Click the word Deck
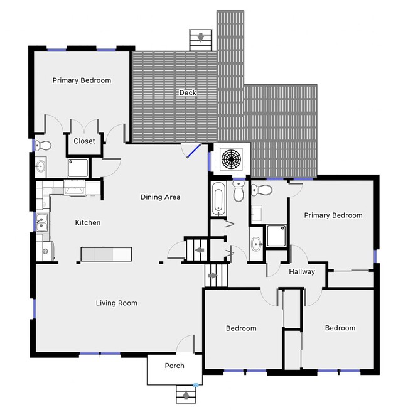pos(188,93)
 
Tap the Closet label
pos(84,141)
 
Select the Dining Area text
pos(160,197)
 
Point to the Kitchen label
pos(88,222)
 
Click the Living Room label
pos(116,303)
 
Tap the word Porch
pos(174,366)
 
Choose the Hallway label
pos(302,272)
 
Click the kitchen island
pos(105,253)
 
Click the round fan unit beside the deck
pos(230,158)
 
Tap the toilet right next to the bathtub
pos(239,193)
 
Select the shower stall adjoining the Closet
pos(78,166)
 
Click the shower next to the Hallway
pos(277,236)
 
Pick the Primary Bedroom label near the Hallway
pos(333,215)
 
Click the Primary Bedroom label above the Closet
pos(82,80)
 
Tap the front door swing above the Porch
pos(186,345)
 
